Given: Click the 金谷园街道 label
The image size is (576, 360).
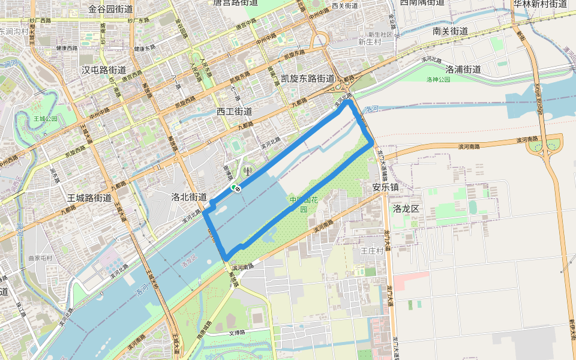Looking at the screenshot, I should [110, 9].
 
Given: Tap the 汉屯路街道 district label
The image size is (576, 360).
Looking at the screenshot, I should [104, 70].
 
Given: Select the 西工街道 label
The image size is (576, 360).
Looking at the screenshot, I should [234, 112].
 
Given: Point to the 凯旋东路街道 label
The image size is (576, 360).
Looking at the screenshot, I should [308, 79].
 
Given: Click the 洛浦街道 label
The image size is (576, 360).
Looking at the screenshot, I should [463, 69].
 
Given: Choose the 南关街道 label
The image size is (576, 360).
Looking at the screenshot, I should [450, 31].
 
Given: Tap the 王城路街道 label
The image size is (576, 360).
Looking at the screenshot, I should [89, 197].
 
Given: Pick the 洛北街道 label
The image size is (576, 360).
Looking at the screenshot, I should [188, 197].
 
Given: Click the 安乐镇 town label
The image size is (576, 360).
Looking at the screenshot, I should [385, 187].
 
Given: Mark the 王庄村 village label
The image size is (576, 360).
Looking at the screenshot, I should [371, 251].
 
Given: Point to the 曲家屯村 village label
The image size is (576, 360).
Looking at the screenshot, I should [40, 259].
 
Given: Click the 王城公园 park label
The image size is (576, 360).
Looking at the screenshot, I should [46, 119].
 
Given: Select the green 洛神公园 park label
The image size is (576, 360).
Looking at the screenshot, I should [438, 79].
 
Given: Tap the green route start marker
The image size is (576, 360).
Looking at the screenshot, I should [234, 188].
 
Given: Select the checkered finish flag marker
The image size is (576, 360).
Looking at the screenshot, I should [238, 190].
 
